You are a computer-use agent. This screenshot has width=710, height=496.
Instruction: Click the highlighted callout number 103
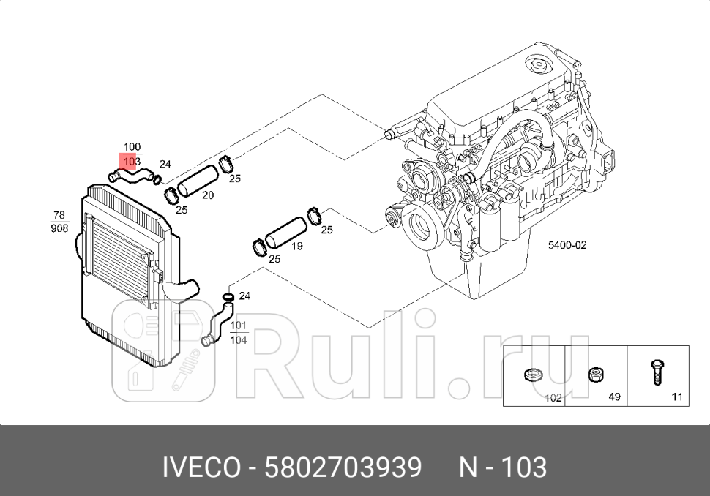(132, 160)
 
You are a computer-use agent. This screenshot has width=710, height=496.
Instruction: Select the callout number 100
(132, 147)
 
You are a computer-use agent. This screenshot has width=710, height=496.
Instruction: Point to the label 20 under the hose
(208, 195)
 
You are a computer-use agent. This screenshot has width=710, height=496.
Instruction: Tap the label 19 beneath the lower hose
(297, 247)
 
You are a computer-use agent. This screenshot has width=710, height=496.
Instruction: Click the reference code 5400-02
(567, 245)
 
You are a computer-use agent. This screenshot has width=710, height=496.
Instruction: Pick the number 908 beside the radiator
(59, 228)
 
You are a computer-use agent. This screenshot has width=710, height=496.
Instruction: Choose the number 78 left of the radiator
(59, 215)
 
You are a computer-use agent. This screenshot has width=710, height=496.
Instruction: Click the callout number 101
(239, 326)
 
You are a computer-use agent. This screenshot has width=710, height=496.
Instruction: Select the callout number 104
(239, 339)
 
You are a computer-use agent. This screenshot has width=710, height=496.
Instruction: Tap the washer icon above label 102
(531, 376)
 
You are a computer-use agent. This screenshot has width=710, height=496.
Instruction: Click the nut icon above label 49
(594, 376)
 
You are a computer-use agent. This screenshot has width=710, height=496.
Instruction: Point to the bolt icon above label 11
(656, 372)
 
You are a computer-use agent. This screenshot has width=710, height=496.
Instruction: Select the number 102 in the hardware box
(553, 398)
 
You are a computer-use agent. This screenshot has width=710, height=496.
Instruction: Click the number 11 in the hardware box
(676, 397)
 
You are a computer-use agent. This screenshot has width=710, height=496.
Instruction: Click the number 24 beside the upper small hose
(165, 164)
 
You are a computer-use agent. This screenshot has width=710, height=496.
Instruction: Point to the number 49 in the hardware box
(615, 397)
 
